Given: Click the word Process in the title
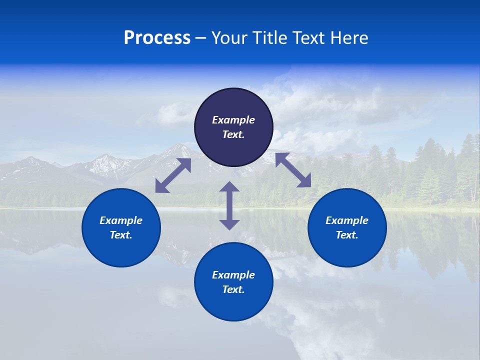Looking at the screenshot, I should click(x=157, y=38).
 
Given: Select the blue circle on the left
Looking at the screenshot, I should click(x=121, y=227).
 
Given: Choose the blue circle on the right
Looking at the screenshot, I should click(x=347, y=227).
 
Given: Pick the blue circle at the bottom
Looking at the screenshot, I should click(x=233, y=281).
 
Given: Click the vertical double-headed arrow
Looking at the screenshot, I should click(x=229, y=205).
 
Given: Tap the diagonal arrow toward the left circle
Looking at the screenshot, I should click(x=173, y=175).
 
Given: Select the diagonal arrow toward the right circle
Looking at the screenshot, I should click(x=293, y=170).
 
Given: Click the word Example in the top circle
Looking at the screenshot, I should click(x=233, y=120).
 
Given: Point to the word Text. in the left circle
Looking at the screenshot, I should click(x=121, y=235).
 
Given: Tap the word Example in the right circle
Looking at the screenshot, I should click(x=347, y=220).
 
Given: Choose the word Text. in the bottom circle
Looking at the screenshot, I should click(x=233, y=289).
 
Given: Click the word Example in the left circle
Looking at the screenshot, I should click(x=121, y=220).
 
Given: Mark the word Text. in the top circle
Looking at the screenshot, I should click(x=233, y=134).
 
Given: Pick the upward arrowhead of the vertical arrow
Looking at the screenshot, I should click(x=229, y=187).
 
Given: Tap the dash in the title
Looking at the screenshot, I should click(x=200, y=38).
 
